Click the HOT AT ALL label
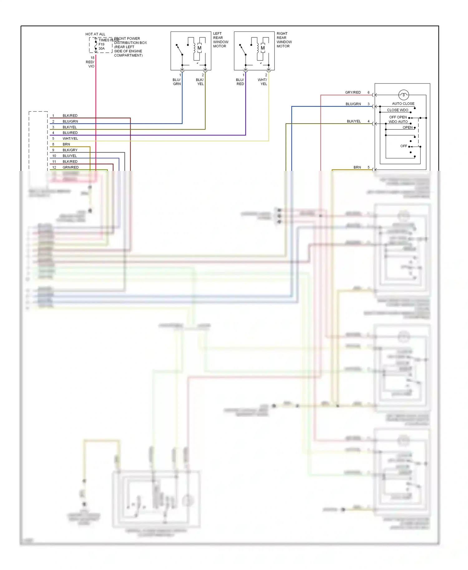click(95, 34)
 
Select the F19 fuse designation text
click(101, 44)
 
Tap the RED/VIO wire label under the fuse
click(90, 64)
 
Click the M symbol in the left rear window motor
click(199, 48)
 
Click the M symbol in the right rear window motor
click(263, 48)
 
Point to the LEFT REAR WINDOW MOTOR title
click(221, 40)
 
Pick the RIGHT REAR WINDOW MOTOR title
click(284, 40)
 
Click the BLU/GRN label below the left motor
click(177, 82)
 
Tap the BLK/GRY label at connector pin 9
click(70, 150)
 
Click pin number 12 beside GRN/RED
click(54, 167)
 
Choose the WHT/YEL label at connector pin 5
click(70, 138)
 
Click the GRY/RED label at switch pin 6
click(353, 92)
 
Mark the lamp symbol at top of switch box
click(403, 94)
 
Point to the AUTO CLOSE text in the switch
click(403, 104)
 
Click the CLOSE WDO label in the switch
click(397, 110)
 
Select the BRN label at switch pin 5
click(357, 167)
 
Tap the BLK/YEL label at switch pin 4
click(353, 121)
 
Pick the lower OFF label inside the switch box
click(403, 146)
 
